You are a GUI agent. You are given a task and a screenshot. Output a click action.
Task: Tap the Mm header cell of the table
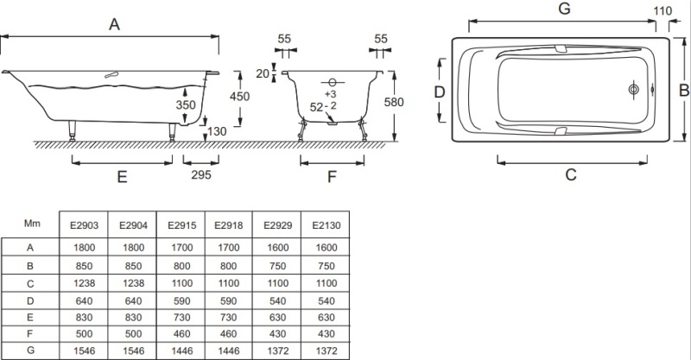pyautogui.click(x=32, y=223)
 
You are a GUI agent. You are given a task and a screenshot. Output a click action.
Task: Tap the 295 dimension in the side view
pyautogui.click(x=200, y=174)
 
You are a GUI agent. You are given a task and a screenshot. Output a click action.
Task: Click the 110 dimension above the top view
pyautogui.click(x=662, y=11)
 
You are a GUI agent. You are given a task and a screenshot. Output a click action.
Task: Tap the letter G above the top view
pyautogui.click(x=565, y=9)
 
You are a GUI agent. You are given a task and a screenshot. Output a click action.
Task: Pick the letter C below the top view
pyautogui.click(x=571, y=174)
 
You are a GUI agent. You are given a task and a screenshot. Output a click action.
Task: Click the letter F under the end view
pyautogui.click(x=332, y=177)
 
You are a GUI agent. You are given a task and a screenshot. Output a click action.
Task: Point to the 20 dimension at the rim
pyautogui.click(x=263, y=73)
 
